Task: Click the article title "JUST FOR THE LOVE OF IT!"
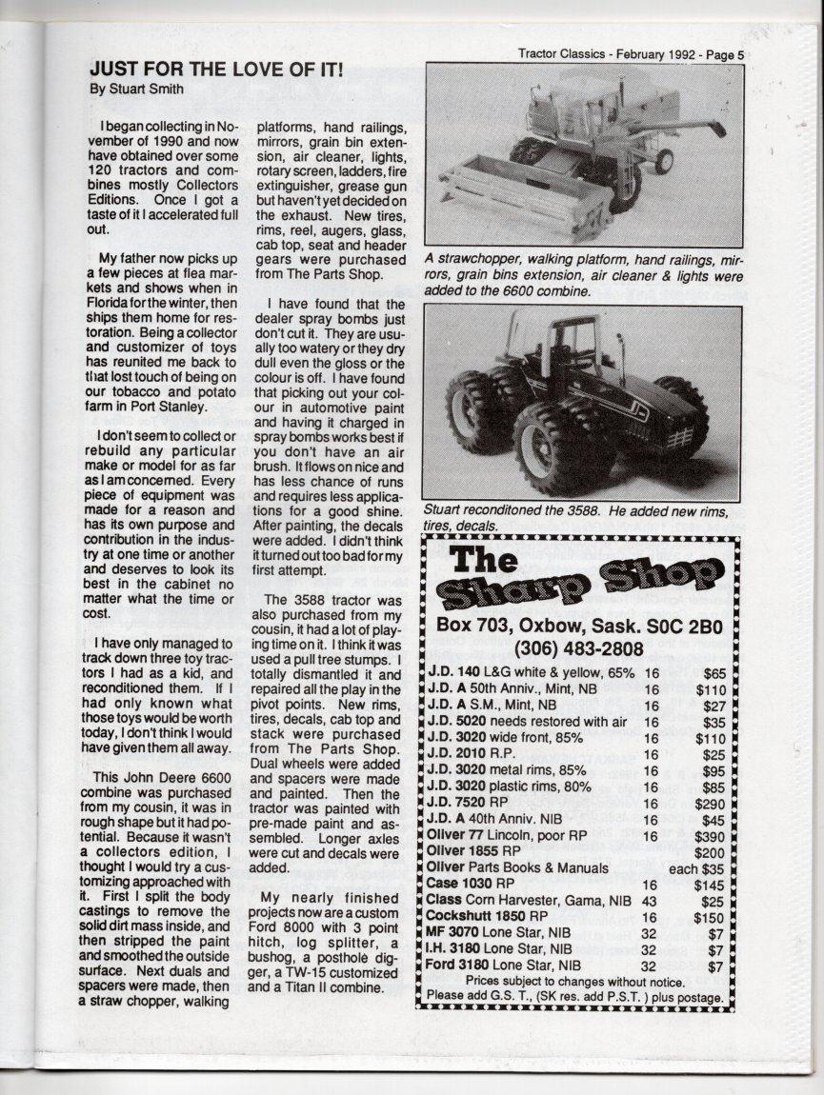216,70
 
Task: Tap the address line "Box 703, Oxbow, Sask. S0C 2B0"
579,626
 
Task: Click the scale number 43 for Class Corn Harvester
652,901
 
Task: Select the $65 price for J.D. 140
719,674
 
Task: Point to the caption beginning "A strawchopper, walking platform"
582,275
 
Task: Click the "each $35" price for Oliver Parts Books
703,868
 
